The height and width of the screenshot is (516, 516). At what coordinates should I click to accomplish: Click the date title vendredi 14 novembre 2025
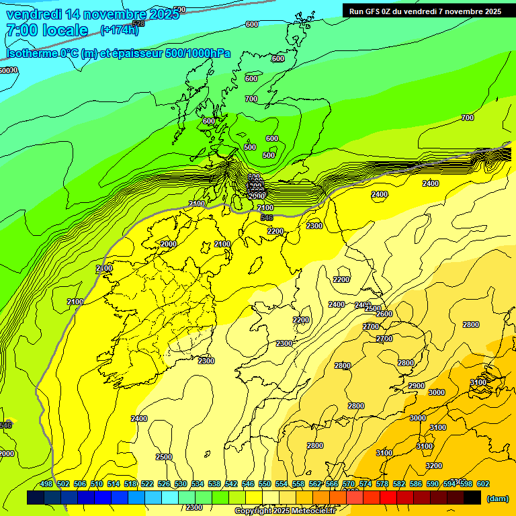click(93, 14)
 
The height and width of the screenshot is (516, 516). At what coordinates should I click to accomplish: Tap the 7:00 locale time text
click(46, 30)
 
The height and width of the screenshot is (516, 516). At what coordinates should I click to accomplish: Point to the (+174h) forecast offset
click(119, 30)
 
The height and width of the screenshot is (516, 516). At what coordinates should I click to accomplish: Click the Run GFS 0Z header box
click(425, 11)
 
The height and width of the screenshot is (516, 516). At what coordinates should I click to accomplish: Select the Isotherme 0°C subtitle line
click(118, 54)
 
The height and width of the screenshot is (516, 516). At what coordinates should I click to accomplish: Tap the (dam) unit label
click(497, 499)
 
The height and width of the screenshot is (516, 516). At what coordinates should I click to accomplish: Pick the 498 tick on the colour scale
click(46, 484)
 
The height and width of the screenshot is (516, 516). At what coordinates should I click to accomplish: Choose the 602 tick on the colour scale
click(483, 484)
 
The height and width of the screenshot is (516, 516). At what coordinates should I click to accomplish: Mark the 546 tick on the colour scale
click(248, 484)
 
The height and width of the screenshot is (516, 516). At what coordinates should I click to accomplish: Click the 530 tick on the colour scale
click(181, 484)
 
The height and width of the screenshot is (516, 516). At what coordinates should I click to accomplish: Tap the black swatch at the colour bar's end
click(472, 498)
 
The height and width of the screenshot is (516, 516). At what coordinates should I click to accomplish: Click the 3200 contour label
click(434, 466)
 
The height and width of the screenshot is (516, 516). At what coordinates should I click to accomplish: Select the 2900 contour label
click(417, 386)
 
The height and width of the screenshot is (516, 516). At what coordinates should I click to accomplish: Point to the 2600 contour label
click(384, 314)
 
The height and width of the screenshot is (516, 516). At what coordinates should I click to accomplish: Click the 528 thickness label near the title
click(138, 24)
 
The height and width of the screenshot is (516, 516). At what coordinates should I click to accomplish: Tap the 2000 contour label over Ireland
click(169, 244)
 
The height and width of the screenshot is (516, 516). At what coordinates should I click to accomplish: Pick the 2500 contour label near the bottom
click(164, 457)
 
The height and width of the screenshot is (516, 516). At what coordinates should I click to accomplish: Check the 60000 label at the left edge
click(9, 70)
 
